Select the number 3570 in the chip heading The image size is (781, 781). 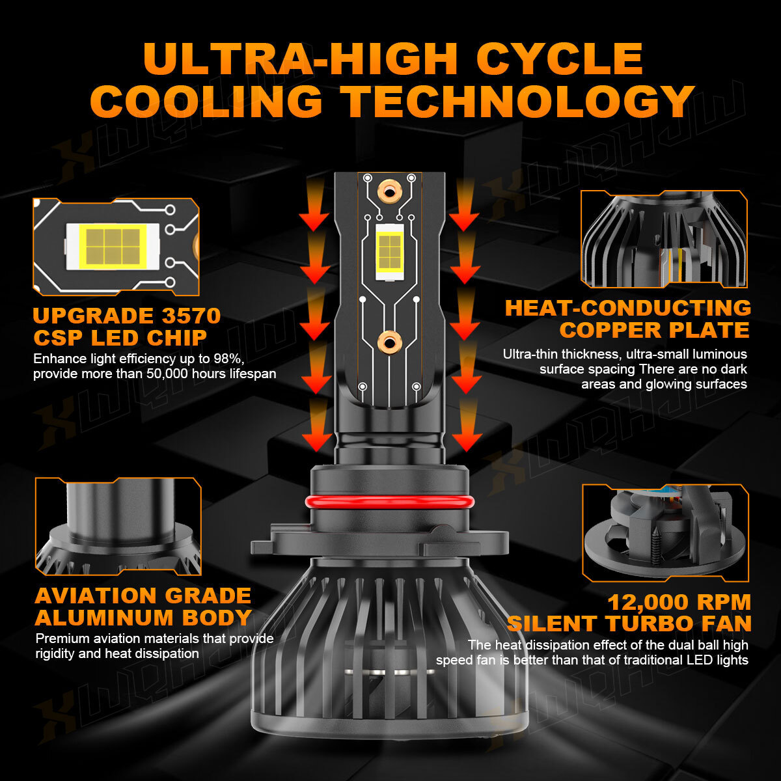tap(191, 316)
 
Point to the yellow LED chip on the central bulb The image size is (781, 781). tap(389, 253)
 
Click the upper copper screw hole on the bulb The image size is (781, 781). tap(389, 192)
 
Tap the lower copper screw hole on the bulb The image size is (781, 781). tap(389, 343)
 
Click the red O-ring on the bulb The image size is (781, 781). tap(390, 502)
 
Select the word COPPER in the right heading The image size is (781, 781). tap(612, 330)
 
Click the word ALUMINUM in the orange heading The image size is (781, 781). tap(105, 618)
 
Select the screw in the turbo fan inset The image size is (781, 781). tap(655, 545)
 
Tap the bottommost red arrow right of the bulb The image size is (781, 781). tap(467, 426)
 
